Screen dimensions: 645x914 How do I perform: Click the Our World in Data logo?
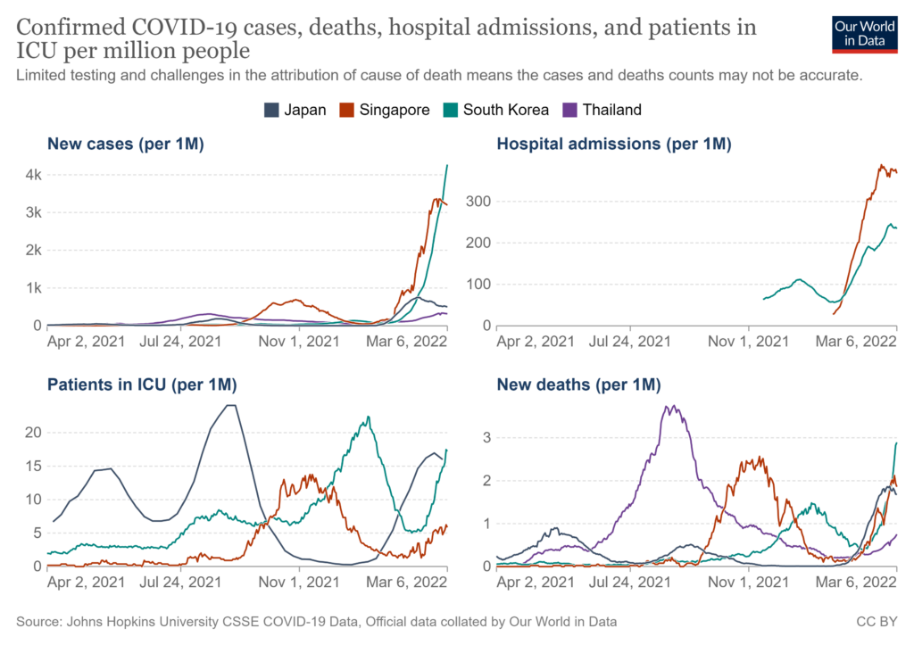coord(864,33)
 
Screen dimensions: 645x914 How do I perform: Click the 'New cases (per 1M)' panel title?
coord(126,144)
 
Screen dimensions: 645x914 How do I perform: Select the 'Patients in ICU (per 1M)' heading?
coord(141,385)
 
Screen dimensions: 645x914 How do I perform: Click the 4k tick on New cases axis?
coord(32,175)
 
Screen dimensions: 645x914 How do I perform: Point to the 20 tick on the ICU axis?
coord(32,433)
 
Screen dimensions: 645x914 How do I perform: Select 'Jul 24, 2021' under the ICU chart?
coord(182,581)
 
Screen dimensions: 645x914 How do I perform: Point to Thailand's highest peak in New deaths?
coord(669,408)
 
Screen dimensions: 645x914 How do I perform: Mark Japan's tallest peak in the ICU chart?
coord(230,406)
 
